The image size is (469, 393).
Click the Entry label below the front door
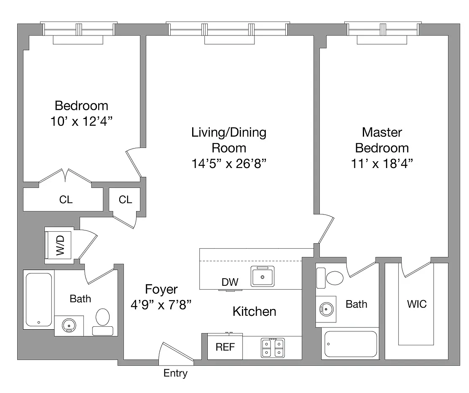tap(176, 373)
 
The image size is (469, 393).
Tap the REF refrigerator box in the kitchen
tap(225, 347)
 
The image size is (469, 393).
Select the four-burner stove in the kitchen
tap(273, 348)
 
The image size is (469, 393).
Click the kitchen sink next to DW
tap(263, 276)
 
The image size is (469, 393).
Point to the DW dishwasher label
tap(230, 282)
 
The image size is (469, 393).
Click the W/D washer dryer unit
tap(58, 245)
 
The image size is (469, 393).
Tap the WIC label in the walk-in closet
tap(417, 304)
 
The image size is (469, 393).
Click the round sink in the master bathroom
tap(326, 309)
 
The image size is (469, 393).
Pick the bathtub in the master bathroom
tap(351, 344)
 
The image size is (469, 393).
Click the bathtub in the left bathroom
tap(39, 300)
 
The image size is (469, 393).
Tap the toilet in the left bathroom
tap(102, 322)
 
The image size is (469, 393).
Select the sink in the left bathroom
tap(69, 325)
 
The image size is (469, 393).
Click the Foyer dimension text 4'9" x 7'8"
tap(161, 305)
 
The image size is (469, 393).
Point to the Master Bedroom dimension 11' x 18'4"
tap(382, 163)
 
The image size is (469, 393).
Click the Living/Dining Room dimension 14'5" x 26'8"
tap(229, 163)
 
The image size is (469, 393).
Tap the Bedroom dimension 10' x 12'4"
tap(81, 121)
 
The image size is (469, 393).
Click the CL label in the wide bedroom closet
tap(66, 200)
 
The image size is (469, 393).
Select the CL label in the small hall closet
tap(125, 200)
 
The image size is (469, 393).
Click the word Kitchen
tap(254, 312)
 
